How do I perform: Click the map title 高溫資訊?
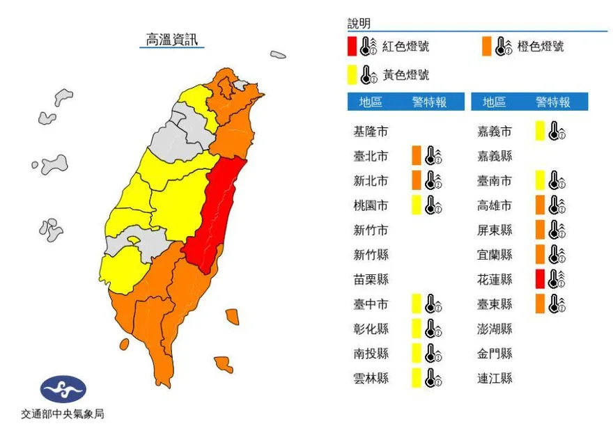pos(171,39)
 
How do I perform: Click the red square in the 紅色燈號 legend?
pos(352,47)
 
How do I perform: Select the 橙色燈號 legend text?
pos(541,47)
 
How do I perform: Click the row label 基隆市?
pos(371,131)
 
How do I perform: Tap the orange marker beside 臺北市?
pos(416,155)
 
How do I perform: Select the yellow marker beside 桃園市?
pos(416,205)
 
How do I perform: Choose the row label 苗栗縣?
pos(371,279)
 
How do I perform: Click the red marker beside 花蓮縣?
pos(540,279)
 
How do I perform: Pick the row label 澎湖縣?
pos(495,329)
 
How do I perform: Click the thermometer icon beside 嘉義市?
pos(556,131)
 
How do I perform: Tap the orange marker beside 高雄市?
pos(540,205)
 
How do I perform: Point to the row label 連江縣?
pos(495,378)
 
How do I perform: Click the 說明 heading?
pos(359,24)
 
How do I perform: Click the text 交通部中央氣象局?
pos(63,413)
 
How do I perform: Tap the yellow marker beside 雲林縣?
pos(416,378)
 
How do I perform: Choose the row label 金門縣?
pos(495,354)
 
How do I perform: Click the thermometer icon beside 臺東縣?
pos(556,304)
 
